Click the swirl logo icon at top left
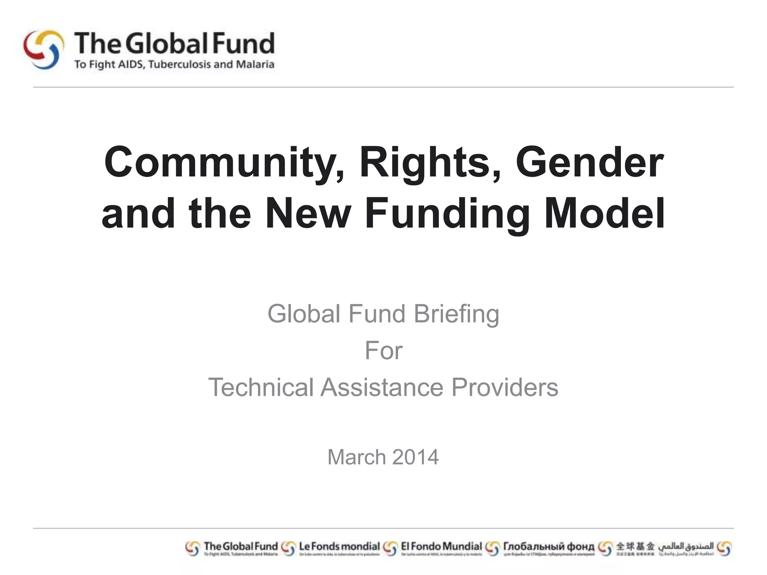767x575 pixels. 43,50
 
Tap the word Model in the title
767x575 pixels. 604,213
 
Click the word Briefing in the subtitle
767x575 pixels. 456,314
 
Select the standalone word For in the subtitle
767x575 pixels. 383,351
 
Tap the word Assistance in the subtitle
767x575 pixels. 382,387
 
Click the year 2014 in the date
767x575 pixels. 416,457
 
